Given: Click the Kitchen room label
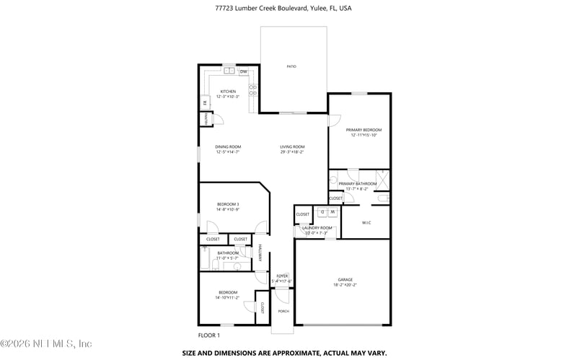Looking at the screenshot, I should tap(228, 92).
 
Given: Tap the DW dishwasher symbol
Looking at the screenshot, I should tap(244, 71).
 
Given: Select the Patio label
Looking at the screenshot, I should tap(291, 66).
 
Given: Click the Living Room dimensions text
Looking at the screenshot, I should tap(292, 152).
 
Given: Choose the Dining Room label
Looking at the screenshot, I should tap(228, 147).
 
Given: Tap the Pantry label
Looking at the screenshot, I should tap(206, 119).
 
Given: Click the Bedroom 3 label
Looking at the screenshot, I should tap(228, 204).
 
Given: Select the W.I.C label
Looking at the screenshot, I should tap(366, 223).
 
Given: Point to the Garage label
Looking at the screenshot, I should tap(345, 279).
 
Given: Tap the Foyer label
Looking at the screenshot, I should tap(282, 276).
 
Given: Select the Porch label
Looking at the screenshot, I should tap(283, 312).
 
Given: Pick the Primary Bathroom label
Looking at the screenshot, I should tap(358, 184).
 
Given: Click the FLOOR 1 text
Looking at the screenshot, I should tap(208, 335).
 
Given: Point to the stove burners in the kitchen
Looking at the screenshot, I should tap(252, 91).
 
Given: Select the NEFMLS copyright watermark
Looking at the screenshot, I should tap(46, 344).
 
